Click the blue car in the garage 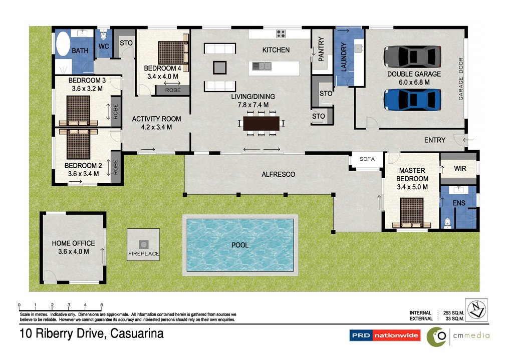pos(412,99)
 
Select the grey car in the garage pos(412,56)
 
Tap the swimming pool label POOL pos(240,245)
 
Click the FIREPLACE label pos(143,254)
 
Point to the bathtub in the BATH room pos(63,45)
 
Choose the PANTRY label pos(321,49)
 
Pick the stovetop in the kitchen pos(281,34)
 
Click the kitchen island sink pos(262,66)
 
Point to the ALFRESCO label pos(278,174)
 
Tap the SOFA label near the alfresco pos(367,159)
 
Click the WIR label pos(460,169)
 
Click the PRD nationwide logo pos(385,335)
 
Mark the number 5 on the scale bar pos(102,304)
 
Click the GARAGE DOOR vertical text pos(461,79)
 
